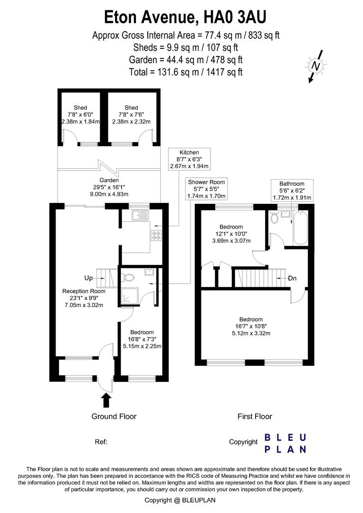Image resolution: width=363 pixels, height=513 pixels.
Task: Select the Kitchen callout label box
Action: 189,159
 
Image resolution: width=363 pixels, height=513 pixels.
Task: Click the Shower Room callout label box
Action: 206,189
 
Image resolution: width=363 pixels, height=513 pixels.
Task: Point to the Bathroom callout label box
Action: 291,190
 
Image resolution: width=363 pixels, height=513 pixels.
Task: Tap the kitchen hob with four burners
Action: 156,234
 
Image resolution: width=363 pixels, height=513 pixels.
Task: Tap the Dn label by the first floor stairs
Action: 292,278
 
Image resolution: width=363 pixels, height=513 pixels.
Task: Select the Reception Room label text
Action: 84,298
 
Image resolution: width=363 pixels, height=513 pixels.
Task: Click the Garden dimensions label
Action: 93,187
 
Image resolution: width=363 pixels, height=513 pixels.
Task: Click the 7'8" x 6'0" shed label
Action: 80,114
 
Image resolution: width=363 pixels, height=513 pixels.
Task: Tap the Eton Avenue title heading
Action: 185,18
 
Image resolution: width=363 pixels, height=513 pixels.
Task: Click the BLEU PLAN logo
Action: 285,443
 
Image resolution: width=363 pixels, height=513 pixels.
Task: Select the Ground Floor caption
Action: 114,417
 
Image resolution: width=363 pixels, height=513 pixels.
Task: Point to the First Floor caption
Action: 255,417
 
